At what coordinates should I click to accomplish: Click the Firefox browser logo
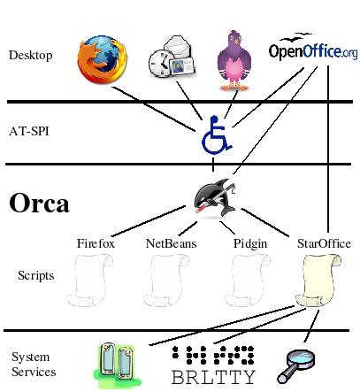(102, 59)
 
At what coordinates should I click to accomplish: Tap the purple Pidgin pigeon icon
(234, 60)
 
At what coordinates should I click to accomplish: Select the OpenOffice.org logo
(313, 47)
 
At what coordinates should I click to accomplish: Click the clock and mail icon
(172, 57)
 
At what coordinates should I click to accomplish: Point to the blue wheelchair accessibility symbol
(217, 135)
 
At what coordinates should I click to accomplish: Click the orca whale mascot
(215, 198)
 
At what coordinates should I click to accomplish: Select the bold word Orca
(39, 203)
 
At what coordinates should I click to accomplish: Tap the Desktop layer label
(31, 55)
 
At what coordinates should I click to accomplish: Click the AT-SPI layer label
(29, 131)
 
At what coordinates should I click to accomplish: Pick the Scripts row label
(36, 275)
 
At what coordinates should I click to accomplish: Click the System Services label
(34, 365)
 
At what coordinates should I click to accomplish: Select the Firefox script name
(96, 243)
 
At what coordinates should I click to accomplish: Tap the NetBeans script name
(171, 243)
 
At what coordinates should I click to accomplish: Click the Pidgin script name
(250, 244)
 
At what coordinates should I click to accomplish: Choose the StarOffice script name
(324, 243)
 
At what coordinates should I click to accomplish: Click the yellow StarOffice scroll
(318, 281)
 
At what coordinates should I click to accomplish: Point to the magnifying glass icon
(296, 366)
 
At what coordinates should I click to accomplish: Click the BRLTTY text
(213, 377)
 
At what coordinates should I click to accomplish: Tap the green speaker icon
(118, 365)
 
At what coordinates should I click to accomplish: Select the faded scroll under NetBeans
(166, 281)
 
